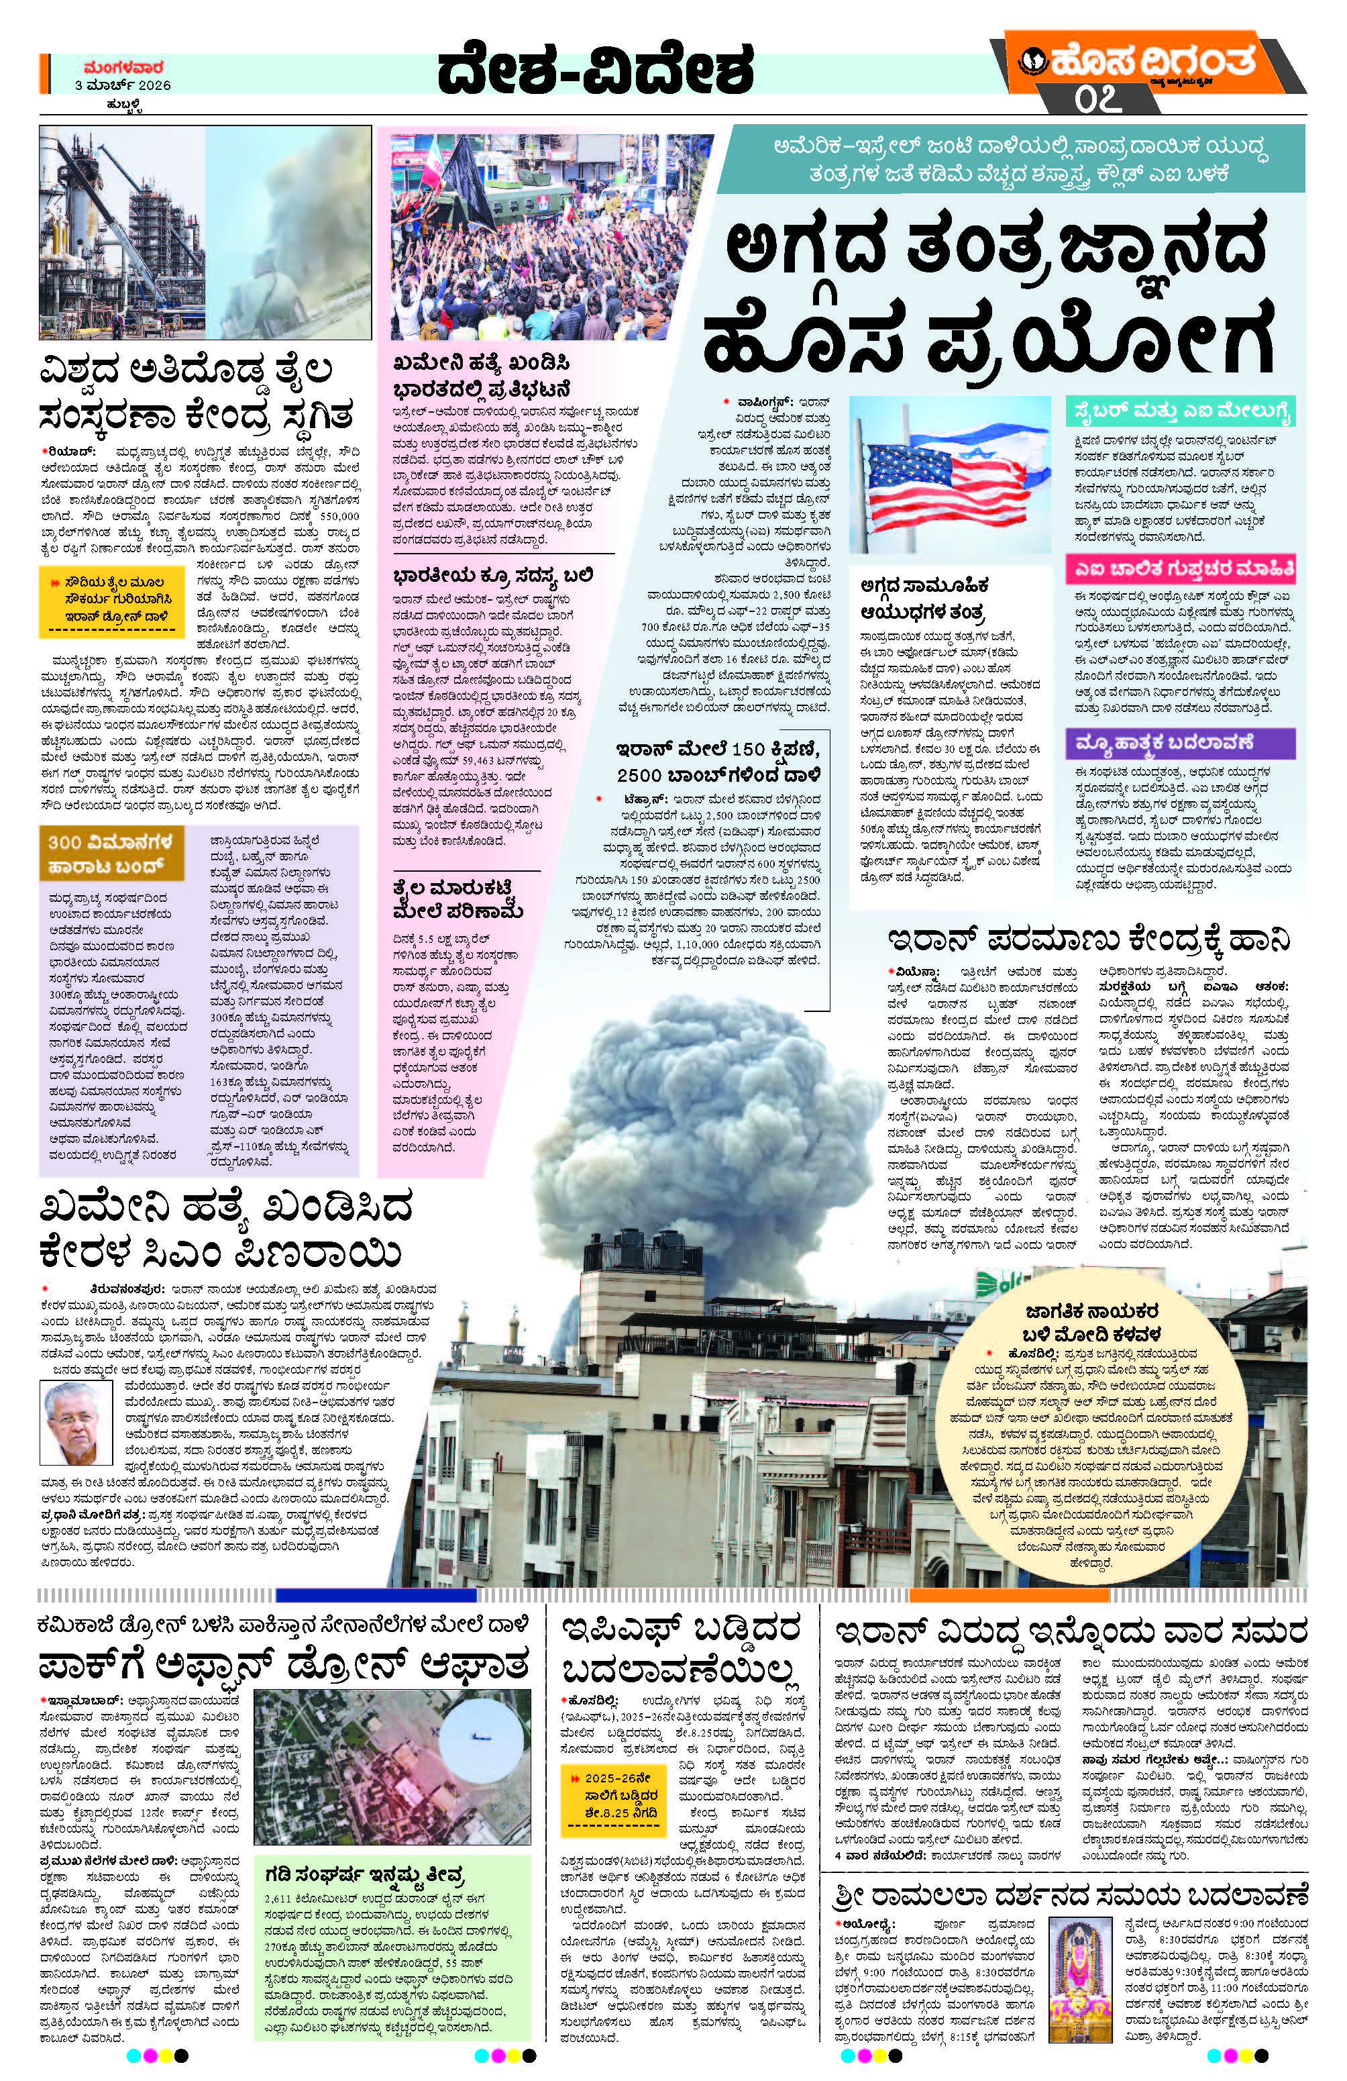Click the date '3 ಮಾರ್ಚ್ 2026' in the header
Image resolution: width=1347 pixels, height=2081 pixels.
[x=122, y=85]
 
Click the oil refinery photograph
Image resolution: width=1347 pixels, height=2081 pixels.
[x=205, y=233]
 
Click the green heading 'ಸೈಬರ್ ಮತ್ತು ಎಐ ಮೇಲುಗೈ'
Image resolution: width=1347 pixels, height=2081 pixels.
[x=1179, y=412]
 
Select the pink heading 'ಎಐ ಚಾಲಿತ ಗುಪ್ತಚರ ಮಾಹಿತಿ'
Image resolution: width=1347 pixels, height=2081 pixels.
[x=1180, y=568]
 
